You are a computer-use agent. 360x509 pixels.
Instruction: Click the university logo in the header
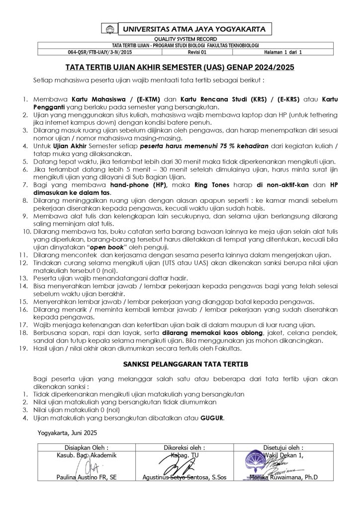tap(109, 29)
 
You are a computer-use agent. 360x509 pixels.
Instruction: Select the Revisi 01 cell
tap(193, 52)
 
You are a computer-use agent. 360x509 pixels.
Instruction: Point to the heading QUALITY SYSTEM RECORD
tap(180, 39)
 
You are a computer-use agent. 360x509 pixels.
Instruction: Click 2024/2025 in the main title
tap(271, 67)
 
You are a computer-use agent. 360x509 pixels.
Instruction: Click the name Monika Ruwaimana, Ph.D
tap(283, 478)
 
